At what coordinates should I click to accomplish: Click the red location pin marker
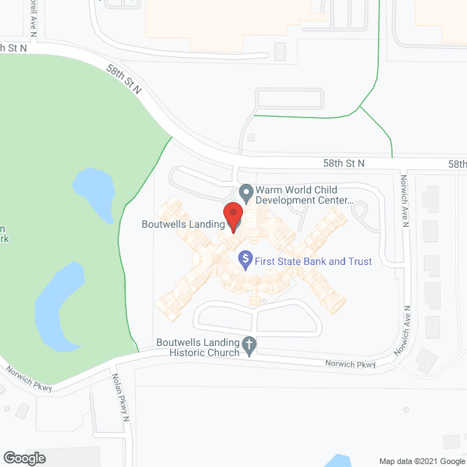232,216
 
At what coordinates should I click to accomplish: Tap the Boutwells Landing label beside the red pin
183,225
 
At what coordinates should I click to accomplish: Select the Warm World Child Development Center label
305,193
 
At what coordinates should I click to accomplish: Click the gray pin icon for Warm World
247,193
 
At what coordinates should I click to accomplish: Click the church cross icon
249,345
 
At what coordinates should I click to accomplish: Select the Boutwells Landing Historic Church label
198,347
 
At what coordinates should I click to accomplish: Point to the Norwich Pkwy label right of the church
351,363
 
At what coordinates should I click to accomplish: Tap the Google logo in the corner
23,458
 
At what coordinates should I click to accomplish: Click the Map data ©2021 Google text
420,460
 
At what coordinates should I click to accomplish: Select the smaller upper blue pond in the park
93,188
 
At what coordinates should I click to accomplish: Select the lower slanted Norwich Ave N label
403,331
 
